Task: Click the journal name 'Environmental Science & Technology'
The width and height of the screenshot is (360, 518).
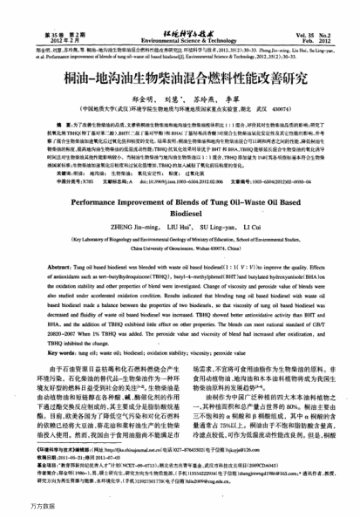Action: coord(180,39)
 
